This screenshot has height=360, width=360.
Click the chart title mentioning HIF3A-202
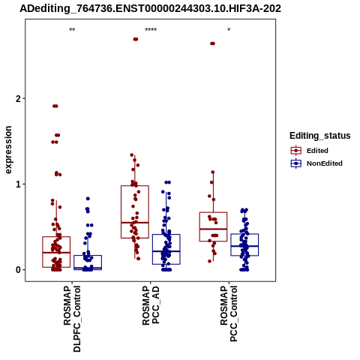(150, 8)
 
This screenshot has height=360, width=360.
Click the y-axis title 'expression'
(8, 150)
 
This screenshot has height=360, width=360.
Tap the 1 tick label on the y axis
(19, 184)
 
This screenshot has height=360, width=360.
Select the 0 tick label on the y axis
(19, 270)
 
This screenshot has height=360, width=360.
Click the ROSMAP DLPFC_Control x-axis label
(72, 319)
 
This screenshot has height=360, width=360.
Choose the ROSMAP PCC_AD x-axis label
(151, 305)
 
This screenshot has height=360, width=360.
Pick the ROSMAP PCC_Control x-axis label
(229, 313)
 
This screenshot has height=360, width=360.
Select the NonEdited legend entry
(316, 163)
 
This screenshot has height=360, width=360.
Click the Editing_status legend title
(320, 136)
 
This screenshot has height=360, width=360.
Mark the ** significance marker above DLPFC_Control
(72, 30)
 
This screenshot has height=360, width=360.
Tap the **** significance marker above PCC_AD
(151, 30)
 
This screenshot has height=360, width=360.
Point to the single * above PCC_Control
(229, 30)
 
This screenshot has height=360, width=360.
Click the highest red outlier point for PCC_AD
(136, 39)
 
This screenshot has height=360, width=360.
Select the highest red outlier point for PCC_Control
(212, 43)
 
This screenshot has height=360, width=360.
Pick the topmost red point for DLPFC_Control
(55, 106)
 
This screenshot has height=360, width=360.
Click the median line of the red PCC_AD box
(135, 222)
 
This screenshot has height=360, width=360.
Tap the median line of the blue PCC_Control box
(244, 246)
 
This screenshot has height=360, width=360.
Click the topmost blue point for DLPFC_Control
(88, 199)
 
